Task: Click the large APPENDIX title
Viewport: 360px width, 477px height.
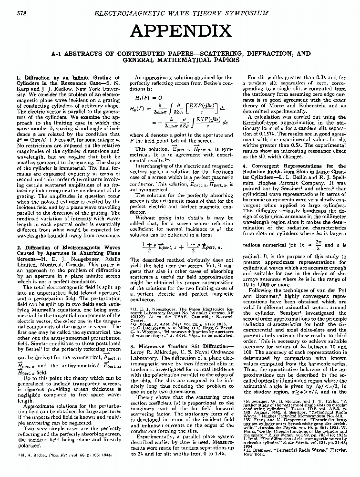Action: coord(180,32)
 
